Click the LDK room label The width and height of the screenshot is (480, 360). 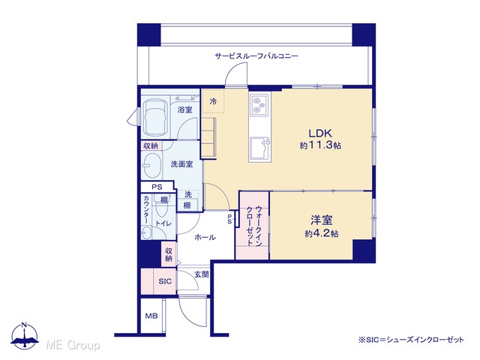point(320,133)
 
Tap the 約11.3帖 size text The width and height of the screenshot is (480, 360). point(320,145)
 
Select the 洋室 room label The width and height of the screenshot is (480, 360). point(322,220)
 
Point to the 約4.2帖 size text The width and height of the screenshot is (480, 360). point(322,233)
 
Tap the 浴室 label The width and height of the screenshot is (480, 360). point(185,109)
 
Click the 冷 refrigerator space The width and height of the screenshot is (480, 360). point(213,101)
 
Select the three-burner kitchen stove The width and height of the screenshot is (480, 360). point(259,104)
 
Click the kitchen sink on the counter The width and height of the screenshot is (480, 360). point(259,149)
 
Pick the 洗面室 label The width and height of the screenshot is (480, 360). point(181,164)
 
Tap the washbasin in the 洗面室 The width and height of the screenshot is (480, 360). point(152,165)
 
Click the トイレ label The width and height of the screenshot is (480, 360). point(163,223)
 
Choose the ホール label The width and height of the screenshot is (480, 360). point(205,237)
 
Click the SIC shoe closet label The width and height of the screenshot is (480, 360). point(165,281)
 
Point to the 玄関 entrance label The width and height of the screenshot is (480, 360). point(202,274)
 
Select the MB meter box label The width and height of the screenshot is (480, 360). point(151,316)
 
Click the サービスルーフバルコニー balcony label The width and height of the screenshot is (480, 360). point(256,56)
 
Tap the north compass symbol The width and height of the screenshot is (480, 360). point(25,336)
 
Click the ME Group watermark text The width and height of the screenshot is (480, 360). point(73,345)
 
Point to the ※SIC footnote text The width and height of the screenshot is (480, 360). point(412,340)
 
